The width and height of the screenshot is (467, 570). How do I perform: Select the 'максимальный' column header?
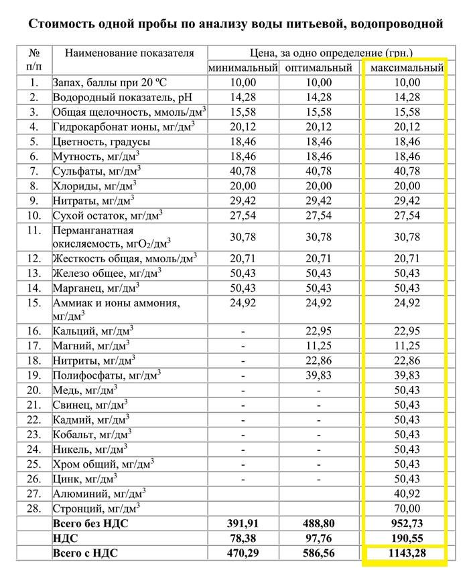pos(403,68)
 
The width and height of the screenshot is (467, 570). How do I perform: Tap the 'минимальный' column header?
pos(243,68)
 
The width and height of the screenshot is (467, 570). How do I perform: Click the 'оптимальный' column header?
pos(318,68)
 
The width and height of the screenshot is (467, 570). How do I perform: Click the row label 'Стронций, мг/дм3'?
pos(96,508)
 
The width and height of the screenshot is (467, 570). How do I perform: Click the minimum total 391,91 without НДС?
pos(243,524)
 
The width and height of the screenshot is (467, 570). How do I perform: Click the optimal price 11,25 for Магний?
pos(318,346)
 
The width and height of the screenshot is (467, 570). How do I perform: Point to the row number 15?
pos(34,302)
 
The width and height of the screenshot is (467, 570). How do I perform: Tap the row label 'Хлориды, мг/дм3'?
pos(94,185)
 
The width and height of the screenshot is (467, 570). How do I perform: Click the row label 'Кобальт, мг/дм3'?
pos(92,434)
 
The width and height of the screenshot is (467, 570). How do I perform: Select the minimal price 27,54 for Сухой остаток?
pos(243,215)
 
